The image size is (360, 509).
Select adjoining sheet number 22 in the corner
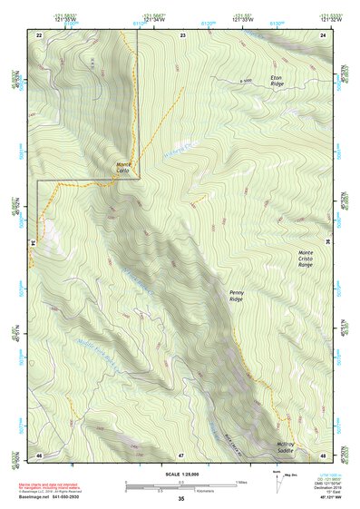39,34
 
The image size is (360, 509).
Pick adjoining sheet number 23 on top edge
182,34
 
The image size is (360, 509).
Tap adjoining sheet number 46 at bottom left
39,454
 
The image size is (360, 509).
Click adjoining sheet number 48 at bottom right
324,454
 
